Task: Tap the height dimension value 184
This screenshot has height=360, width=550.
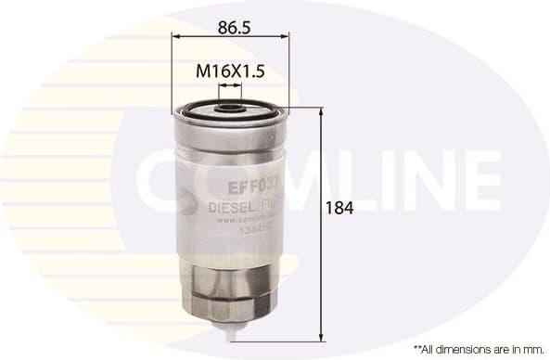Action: click(339, 208)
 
